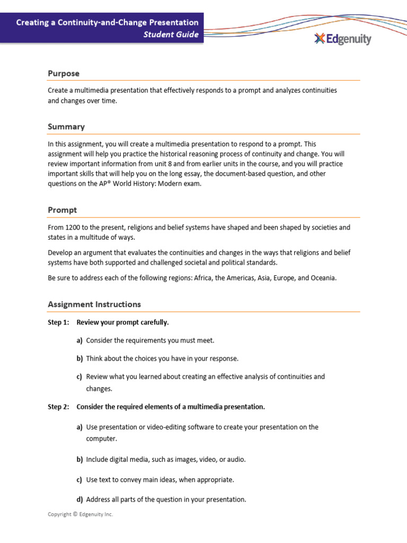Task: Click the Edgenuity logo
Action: click(342, 39)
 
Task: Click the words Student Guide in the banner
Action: click(171, 35)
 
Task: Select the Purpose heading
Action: click(64, 74)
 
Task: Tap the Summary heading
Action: click(66, 127)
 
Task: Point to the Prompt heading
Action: click(62, 210)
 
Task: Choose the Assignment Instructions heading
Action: click(94, 304)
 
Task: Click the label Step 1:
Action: click(58, 322)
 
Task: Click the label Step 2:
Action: click(58, 407)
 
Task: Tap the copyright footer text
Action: click(80, 514)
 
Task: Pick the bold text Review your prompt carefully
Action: click(122, 322)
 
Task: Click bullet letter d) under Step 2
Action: click(79, 500)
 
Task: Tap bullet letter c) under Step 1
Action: click(79, 376)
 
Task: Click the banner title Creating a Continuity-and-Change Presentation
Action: click(107, 23)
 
